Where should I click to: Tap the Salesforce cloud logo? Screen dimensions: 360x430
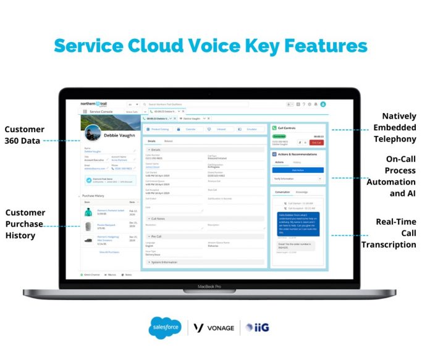[x=166, y=328]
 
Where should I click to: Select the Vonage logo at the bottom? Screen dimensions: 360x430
[x=213, y=328]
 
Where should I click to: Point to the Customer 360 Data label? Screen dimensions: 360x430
[x=25, y=135]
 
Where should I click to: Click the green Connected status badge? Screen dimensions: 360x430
[x=279, y=136]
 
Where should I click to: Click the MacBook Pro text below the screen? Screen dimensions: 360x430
[x=210, y=287]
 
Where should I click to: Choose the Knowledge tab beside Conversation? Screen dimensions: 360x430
[x=301, y=192]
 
